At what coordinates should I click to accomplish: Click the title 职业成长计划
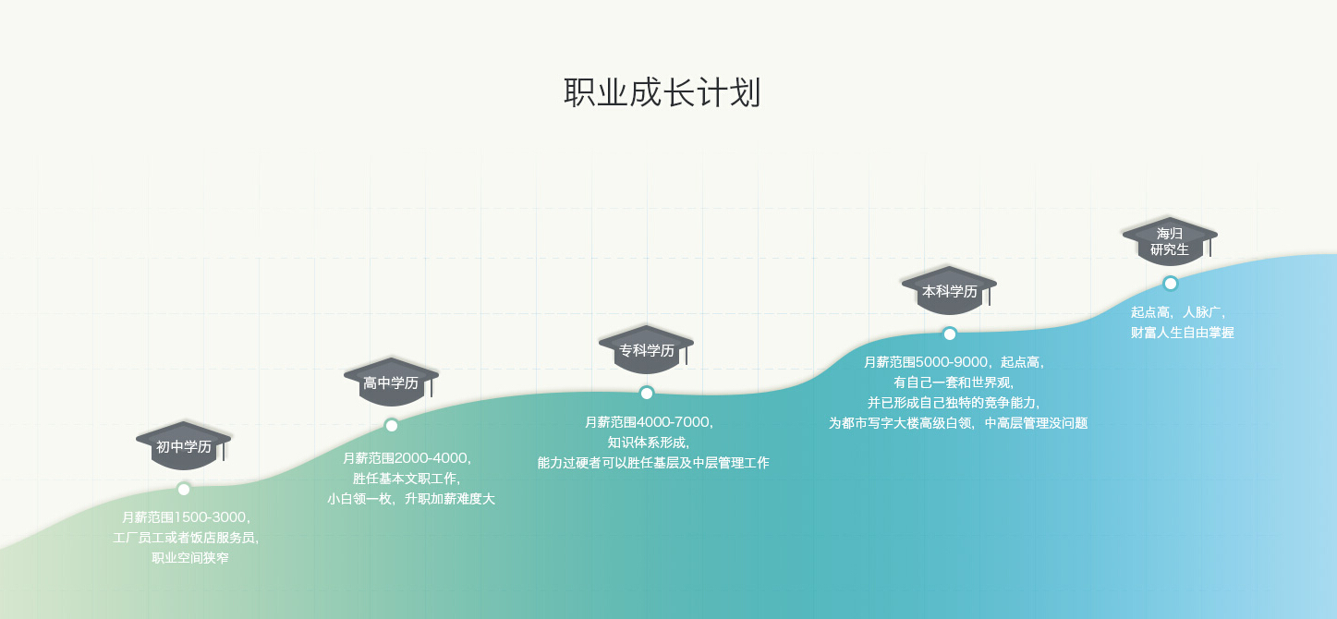(662, 93)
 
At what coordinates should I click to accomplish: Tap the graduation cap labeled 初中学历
(183, 445)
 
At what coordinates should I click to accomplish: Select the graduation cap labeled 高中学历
(391, 382)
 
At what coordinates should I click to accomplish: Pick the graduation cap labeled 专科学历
(646, 349)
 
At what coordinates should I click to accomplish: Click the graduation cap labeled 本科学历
(949, 290)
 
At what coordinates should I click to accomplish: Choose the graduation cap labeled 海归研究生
(1170, 240)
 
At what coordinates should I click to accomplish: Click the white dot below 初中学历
(184, 489)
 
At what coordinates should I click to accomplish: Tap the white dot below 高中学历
(392, 425)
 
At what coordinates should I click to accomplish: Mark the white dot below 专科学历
(647, 393)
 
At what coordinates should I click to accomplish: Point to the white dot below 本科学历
(950, 334)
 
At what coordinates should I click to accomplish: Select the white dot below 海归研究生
(1171, 283)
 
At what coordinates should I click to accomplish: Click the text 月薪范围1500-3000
(186, 517)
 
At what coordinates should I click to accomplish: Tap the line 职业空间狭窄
(189, 558)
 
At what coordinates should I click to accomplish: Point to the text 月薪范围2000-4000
(407, 458)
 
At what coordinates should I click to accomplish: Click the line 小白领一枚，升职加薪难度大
(411, 499)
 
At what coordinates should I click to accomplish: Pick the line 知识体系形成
(648, 443)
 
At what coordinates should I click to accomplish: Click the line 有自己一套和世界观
(954, 382)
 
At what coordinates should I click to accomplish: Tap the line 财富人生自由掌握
(1182, 333)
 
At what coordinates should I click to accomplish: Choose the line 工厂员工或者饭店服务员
(186, 538)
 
